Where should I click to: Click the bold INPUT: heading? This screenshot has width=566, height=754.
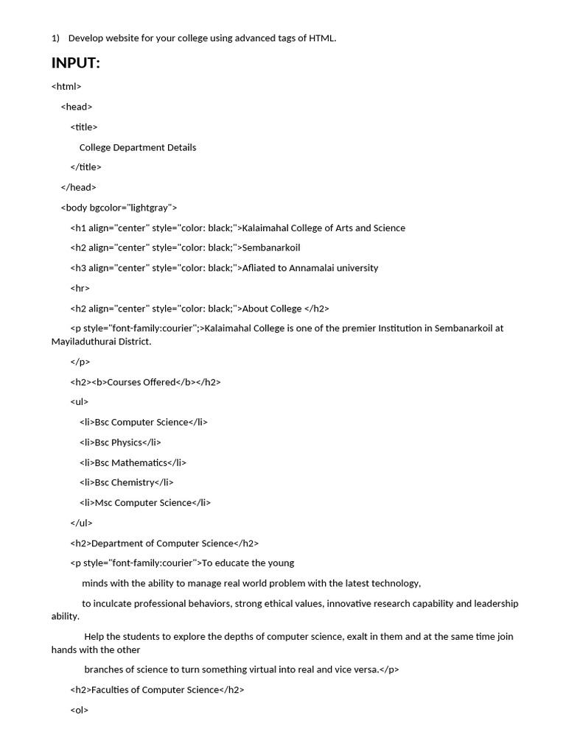click(76, 63)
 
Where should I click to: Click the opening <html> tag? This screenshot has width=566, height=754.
click(66, 86)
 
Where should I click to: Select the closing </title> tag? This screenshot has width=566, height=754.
click(85, 167)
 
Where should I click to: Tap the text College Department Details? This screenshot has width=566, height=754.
click(138, 147)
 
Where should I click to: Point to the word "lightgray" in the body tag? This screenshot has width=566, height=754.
click(150, 208)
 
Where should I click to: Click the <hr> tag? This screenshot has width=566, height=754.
click(80, 288)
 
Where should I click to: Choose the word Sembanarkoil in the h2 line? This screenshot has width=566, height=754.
click(271, 247)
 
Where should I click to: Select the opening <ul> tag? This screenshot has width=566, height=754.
click(79, 402)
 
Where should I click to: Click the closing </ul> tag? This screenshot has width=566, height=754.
click(81, 523)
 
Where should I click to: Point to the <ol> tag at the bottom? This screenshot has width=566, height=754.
click(79, 711)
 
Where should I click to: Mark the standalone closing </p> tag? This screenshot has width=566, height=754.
click(80, 362)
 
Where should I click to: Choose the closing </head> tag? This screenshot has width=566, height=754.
click(78, 187)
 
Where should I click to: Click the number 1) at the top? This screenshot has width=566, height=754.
click(55, 38)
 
